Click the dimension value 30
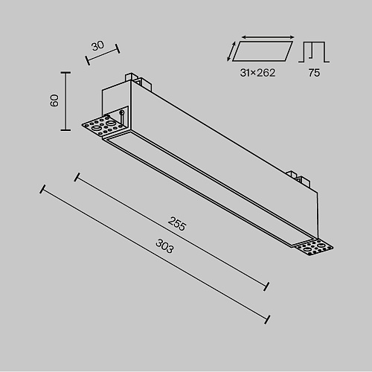[97, 46]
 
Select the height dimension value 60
[54, 100]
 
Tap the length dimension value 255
[177, 224]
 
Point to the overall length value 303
[164, 246]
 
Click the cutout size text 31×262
[257, 73]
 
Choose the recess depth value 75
[314, 73]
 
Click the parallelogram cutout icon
[263, 51]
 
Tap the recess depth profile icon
[314, 52]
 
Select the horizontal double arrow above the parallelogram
[268, 37]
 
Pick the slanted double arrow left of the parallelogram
[231, 51]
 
